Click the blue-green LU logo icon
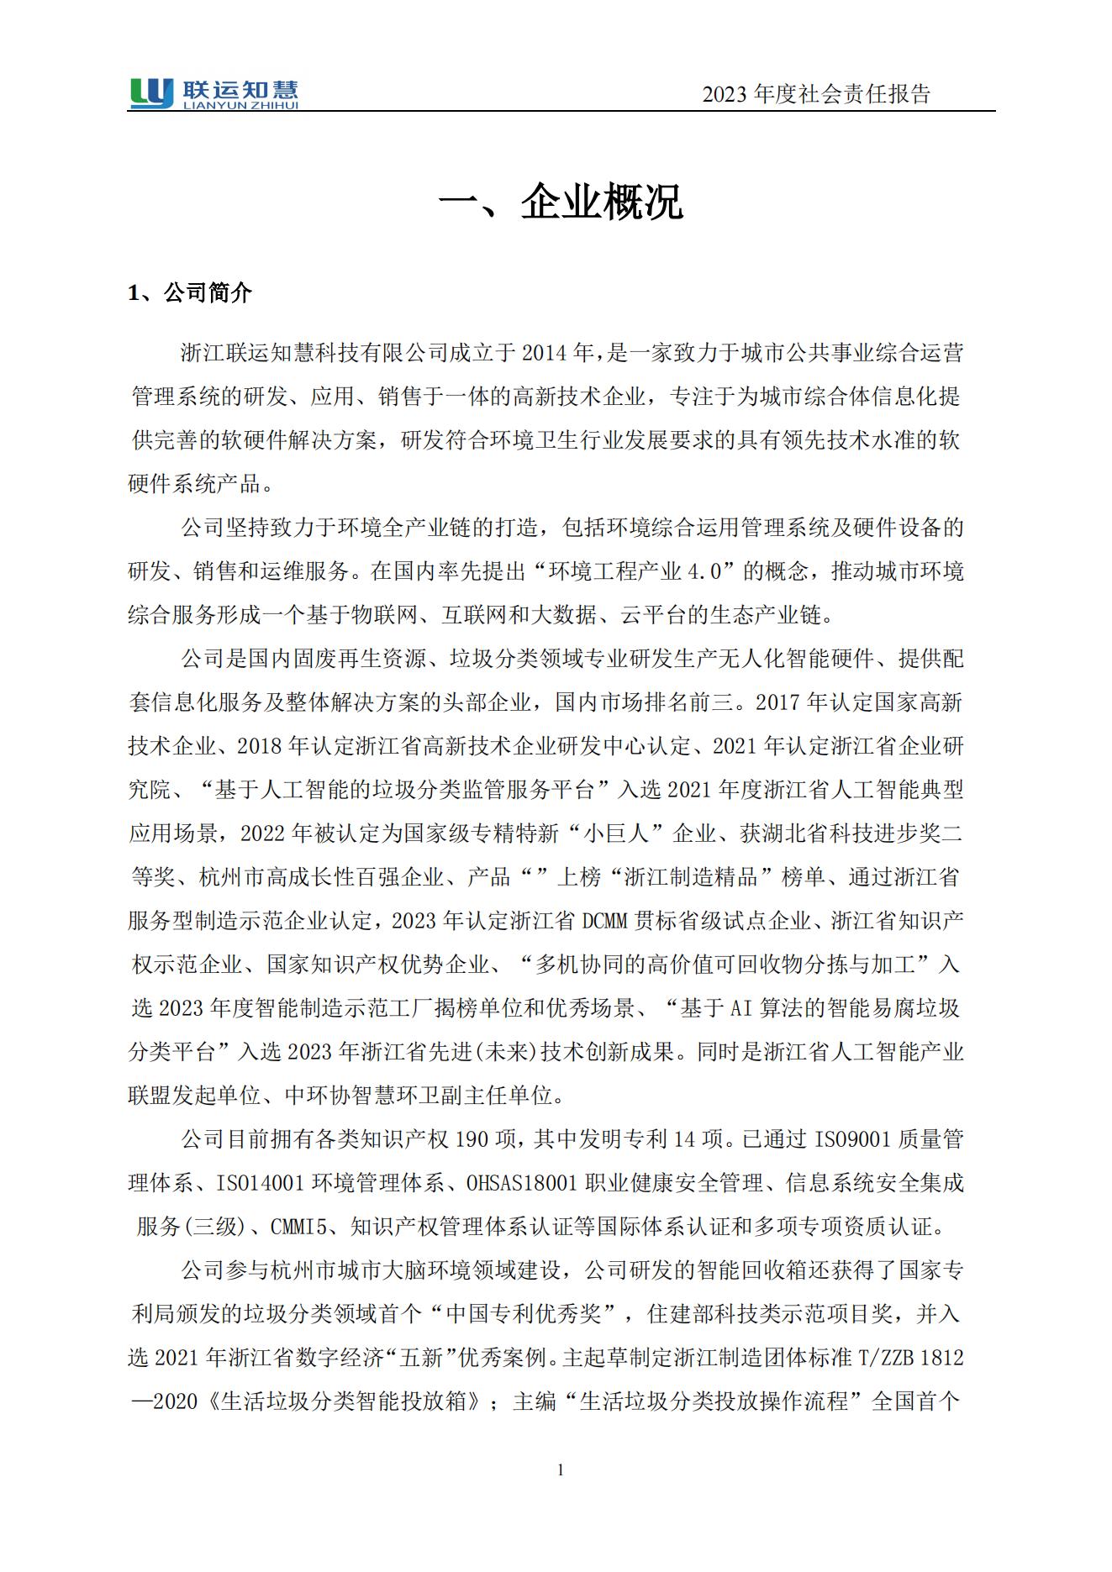tap(151, 92)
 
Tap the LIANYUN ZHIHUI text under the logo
tap(240, 105)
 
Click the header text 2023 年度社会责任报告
tap(816, 94)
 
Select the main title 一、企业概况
tap(561, 202)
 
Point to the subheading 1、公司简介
tap(190, 293)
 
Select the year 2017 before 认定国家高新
tap(778, 702)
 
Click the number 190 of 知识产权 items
tap(472, 1139)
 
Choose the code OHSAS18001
tap(522, 1183)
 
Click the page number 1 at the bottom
tap(561, 1469)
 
